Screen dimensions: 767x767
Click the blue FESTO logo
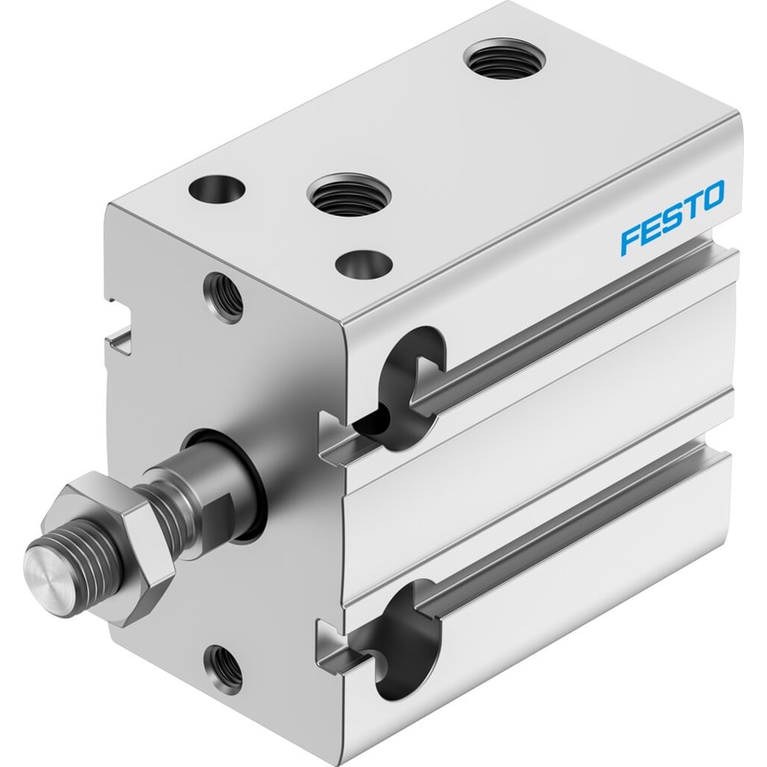pos(673,218)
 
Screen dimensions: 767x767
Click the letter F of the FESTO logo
pos(631,242)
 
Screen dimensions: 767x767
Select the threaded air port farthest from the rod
pos(504,58)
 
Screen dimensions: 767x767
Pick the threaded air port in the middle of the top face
pos(348,194)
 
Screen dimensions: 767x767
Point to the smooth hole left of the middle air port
pos(217,190)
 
